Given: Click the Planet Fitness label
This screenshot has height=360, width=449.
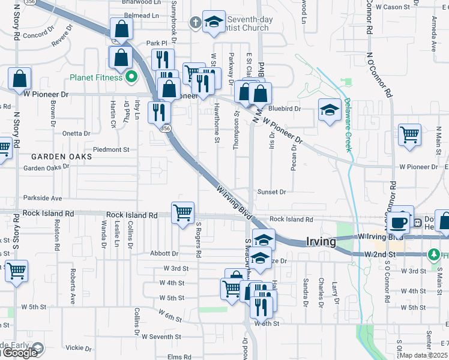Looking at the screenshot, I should [96, 77].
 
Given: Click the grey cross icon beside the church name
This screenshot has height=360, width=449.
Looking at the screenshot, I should [194, 23].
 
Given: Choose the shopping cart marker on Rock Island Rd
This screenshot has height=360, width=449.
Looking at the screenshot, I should [182, 212].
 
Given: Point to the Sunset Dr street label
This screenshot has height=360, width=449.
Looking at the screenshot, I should [272, 192].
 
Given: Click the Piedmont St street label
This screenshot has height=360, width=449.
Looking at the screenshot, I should [111, 149].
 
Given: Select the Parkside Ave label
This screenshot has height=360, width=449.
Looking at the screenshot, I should [43, 198].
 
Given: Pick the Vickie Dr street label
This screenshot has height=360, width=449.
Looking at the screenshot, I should [78, 347].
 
